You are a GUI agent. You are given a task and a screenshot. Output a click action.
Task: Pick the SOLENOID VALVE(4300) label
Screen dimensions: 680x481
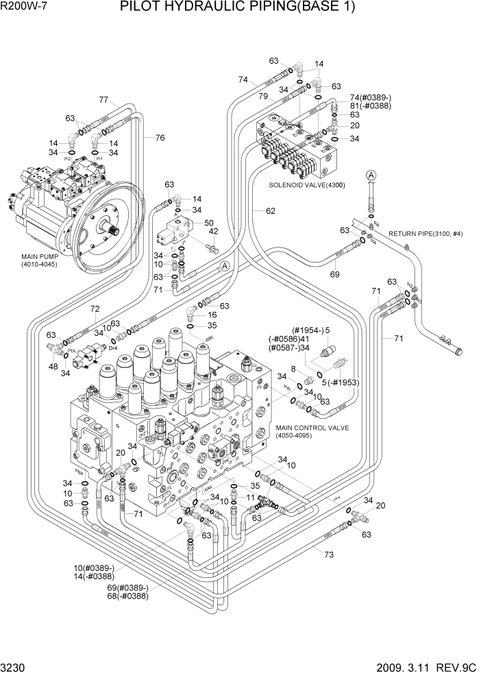coord(307,185)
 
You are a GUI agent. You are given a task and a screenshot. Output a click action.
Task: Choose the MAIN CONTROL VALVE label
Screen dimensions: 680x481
coord(312,428)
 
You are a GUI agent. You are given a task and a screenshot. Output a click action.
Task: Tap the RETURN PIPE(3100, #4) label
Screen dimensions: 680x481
coord(425,234)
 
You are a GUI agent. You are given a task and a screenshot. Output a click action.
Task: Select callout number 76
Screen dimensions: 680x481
coord(160,138)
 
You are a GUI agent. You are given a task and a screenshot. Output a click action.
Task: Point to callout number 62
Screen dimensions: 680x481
coord(271,210)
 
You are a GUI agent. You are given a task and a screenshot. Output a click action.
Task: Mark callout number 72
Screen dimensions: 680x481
coord(95,309)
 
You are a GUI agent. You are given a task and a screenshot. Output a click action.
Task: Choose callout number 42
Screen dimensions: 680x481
coord(213,232)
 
